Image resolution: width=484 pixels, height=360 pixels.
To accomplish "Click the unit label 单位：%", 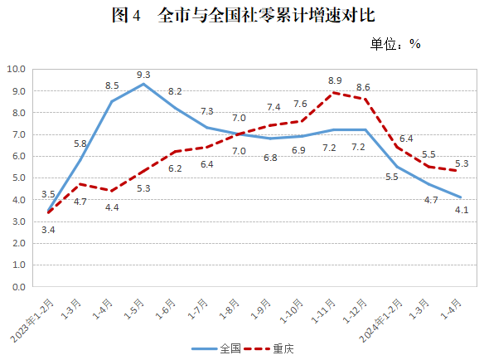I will (x=395, y=43).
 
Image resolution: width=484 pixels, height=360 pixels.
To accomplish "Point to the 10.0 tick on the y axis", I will (x=17, y=70).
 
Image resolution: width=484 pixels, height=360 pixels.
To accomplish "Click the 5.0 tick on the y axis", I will (x=18, y=178).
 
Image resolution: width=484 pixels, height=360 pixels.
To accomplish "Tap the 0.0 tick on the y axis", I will (x=18, y=287).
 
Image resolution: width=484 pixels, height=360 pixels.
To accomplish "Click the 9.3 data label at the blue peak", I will (x=144, y=74).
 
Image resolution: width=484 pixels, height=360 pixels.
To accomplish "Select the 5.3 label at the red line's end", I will (x=462, y=163).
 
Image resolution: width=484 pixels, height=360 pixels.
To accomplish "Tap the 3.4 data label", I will (x=49, y=229).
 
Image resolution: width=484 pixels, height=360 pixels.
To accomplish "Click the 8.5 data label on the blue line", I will (x=113, y=85).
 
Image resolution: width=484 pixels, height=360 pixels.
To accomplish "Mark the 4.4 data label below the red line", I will (x=113, y=207).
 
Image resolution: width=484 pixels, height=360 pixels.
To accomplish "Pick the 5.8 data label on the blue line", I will (x=80, y=144).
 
